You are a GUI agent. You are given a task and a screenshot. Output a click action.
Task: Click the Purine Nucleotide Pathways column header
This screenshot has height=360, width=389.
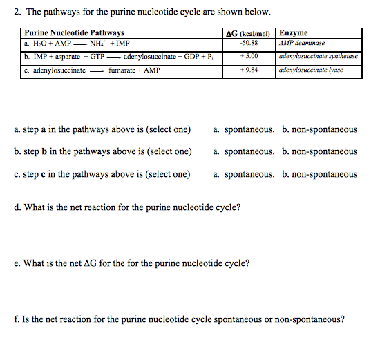(74, 32)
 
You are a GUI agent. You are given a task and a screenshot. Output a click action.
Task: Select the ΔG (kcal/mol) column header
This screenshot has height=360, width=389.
(248, 32)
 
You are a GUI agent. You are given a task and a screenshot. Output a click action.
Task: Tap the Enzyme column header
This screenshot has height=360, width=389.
(294, 32)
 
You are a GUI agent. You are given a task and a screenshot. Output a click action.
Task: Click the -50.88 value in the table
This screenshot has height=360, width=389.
(249, 43)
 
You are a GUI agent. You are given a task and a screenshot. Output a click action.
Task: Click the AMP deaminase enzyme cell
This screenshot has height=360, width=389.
(301, 43)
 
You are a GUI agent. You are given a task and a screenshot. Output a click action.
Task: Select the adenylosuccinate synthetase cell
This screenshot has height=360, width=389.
(318, 56)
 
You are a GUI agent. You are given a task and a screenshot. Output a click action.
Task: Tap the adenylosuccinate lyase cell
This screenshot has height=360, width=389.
(311, 70)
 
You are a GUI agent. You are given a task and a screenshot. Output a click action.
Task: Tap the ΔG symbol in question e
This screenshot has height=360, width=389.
(91, 263)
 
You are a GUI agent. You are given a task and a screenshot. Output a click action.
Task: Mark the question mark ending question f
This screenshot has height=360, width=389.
(342, 319)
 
